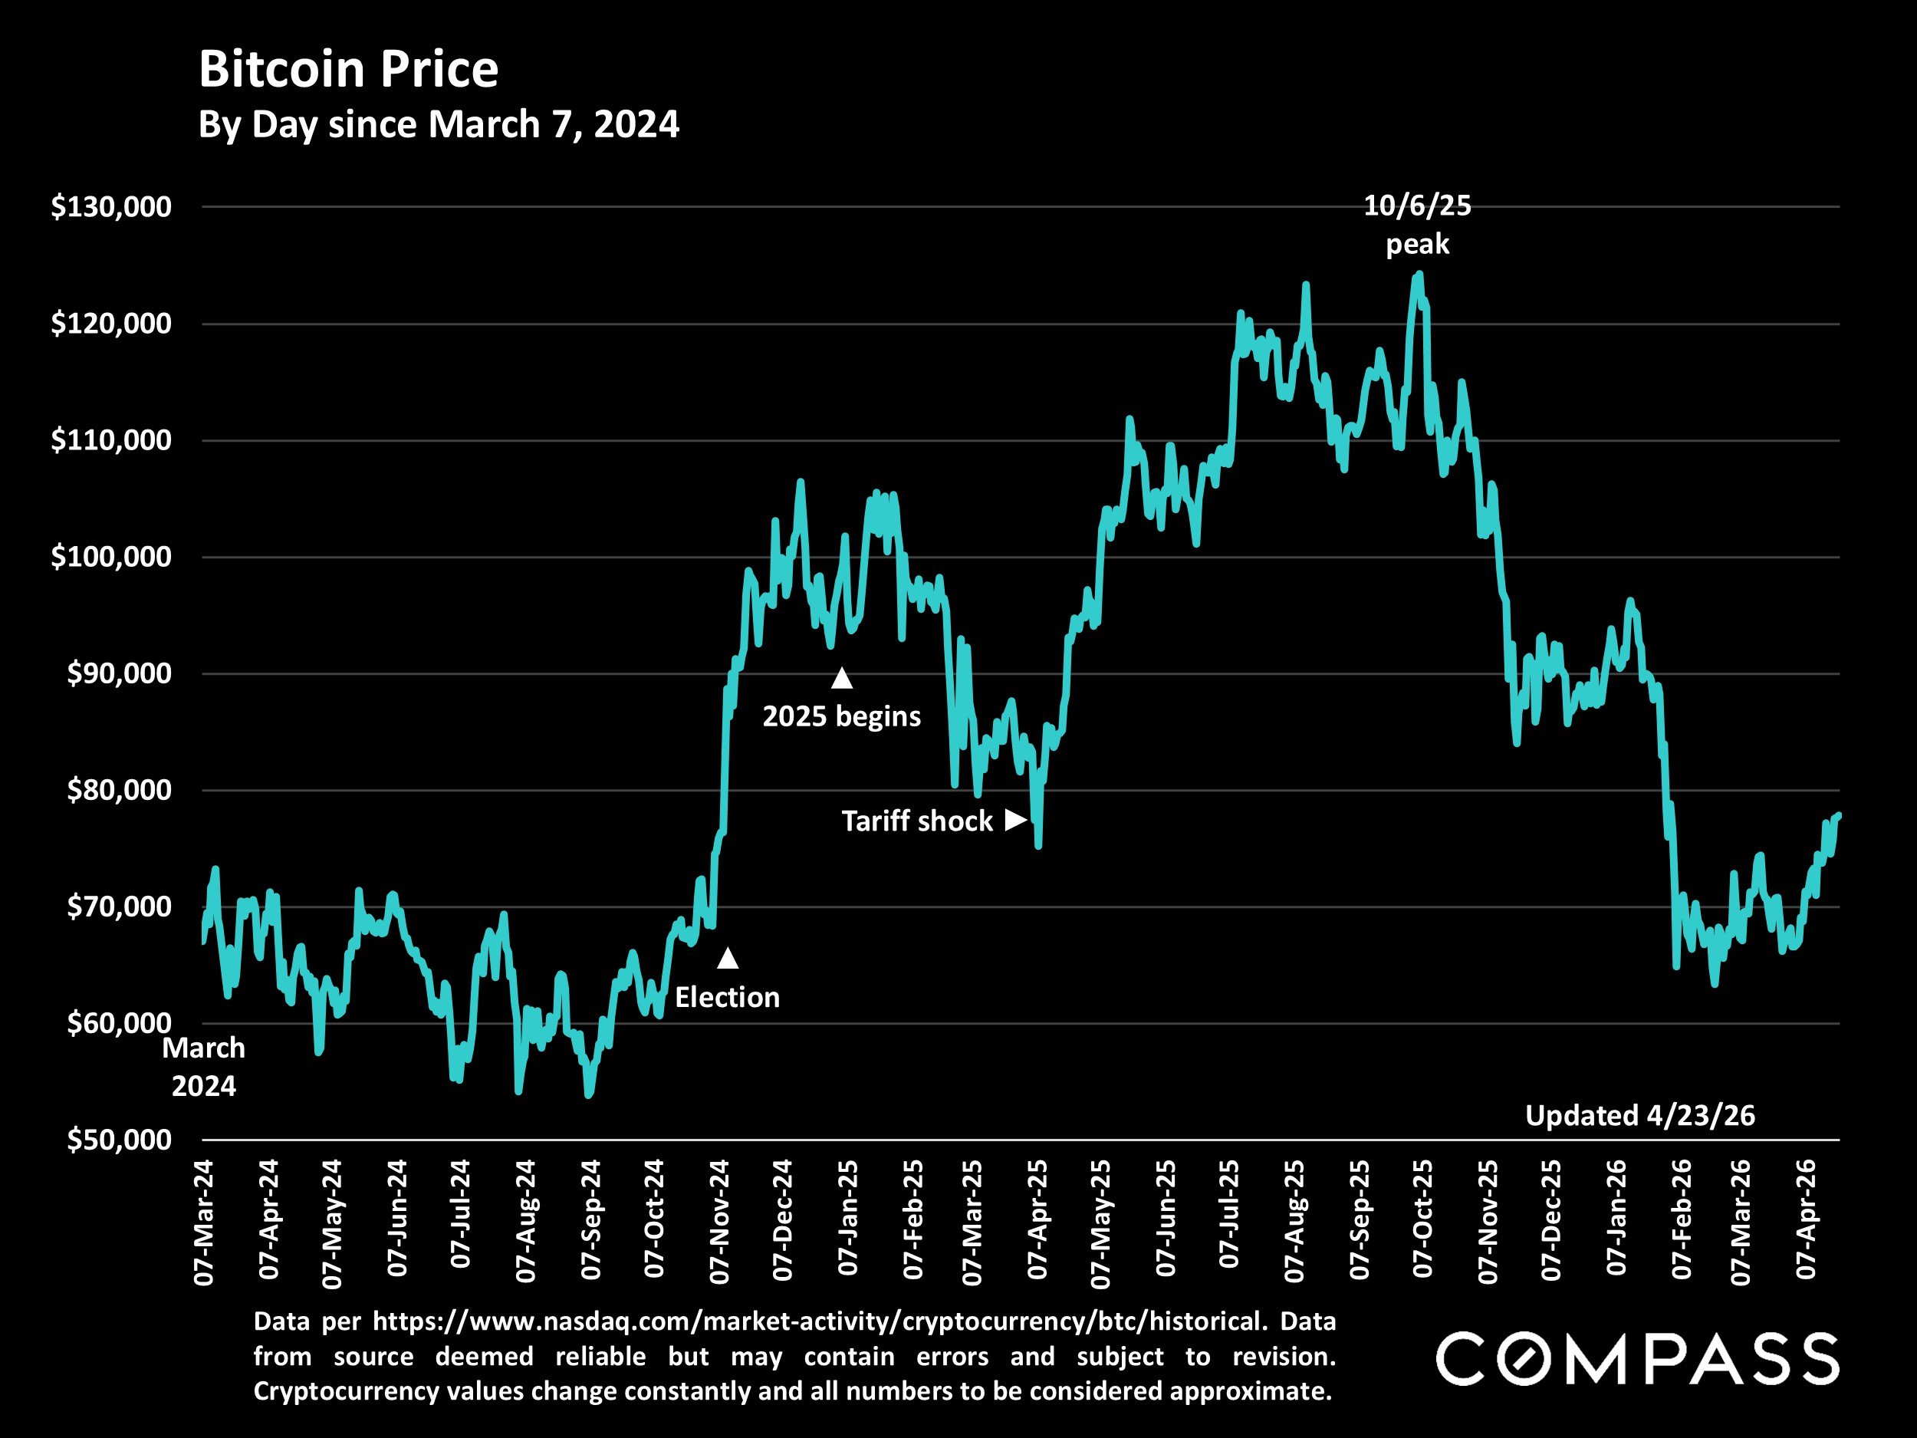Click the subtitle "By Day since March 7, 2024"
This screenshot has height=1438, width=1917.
[x=439, y=125]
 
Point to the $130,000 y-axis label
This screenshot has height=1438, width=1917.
[x=111, y=207]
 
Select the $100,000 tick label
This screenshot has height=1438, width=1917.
[x=111, y=557]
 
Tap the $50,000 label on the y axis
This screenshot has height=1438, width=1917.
[x=119, y=1140]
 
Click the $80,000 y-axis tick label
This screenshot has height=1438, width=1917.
[x=119, y=791]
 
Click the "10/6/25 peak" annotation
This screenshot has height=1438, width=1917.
[x=1417, y=225]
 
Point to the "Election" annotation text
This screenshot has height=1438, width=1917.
[x=727, y=998]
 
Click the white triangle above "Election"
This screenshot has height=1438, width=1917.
[x=728, y=958]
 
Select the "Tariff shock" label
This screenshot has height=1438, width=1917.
[x=917, y=821]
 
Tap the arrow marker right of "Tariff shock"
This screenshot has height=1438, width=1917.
[x=1014, y=820]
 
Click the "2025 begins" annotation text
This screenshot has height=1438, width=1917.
[x=841, y=716]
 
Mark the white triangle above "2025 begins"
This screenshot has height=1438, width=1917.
[x=841, y=678]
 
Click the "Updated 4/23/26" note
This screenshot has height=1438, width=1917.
[x=1639, y=1116]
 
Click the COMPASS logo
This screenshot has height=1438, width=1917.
[x=1637, y=1358]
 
